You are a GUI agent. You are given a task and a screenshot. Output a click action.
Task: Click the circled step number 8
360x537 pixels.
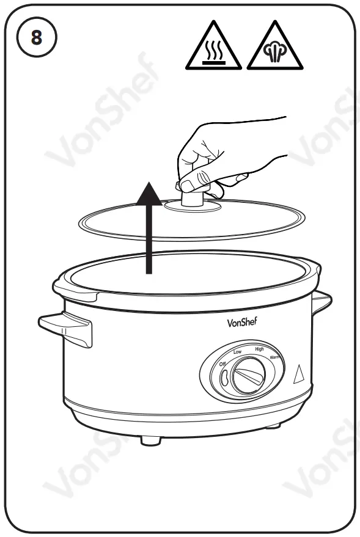[x=36, y=38]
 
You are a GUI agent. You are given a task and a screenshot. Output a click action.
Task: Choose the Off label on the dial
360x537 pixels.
[x=224, y=365]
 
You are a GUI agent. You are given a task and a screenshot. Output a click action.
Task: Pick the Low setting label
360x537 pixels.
[x=238, y=353]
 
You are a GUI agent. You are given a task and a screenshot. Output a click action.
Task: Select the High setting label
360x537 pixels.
[x=259, y=349]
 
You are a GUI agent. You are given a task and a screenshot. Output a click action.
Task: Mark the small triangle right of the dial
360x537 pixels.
[x=299, y=374]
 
